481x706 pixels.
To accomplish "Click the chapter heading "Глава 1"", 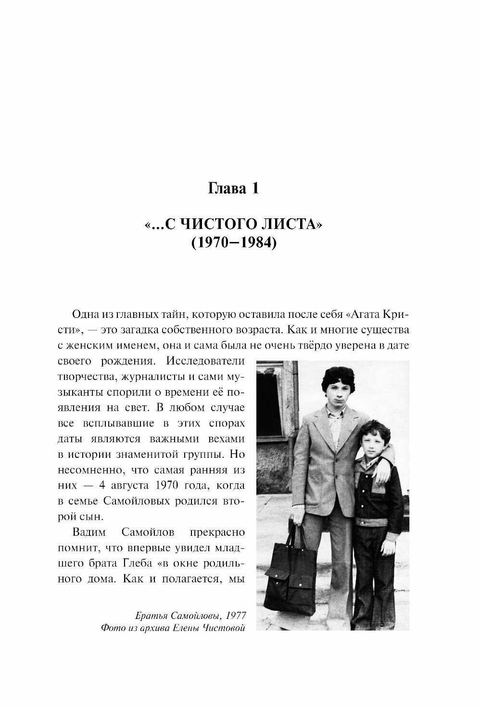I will (x=233, y=188).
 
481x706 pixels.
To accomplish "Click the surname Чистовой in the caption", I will (x=222, y=628).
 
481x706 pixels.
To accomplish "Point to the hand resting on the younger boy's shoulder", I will (x=382, y=473).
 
